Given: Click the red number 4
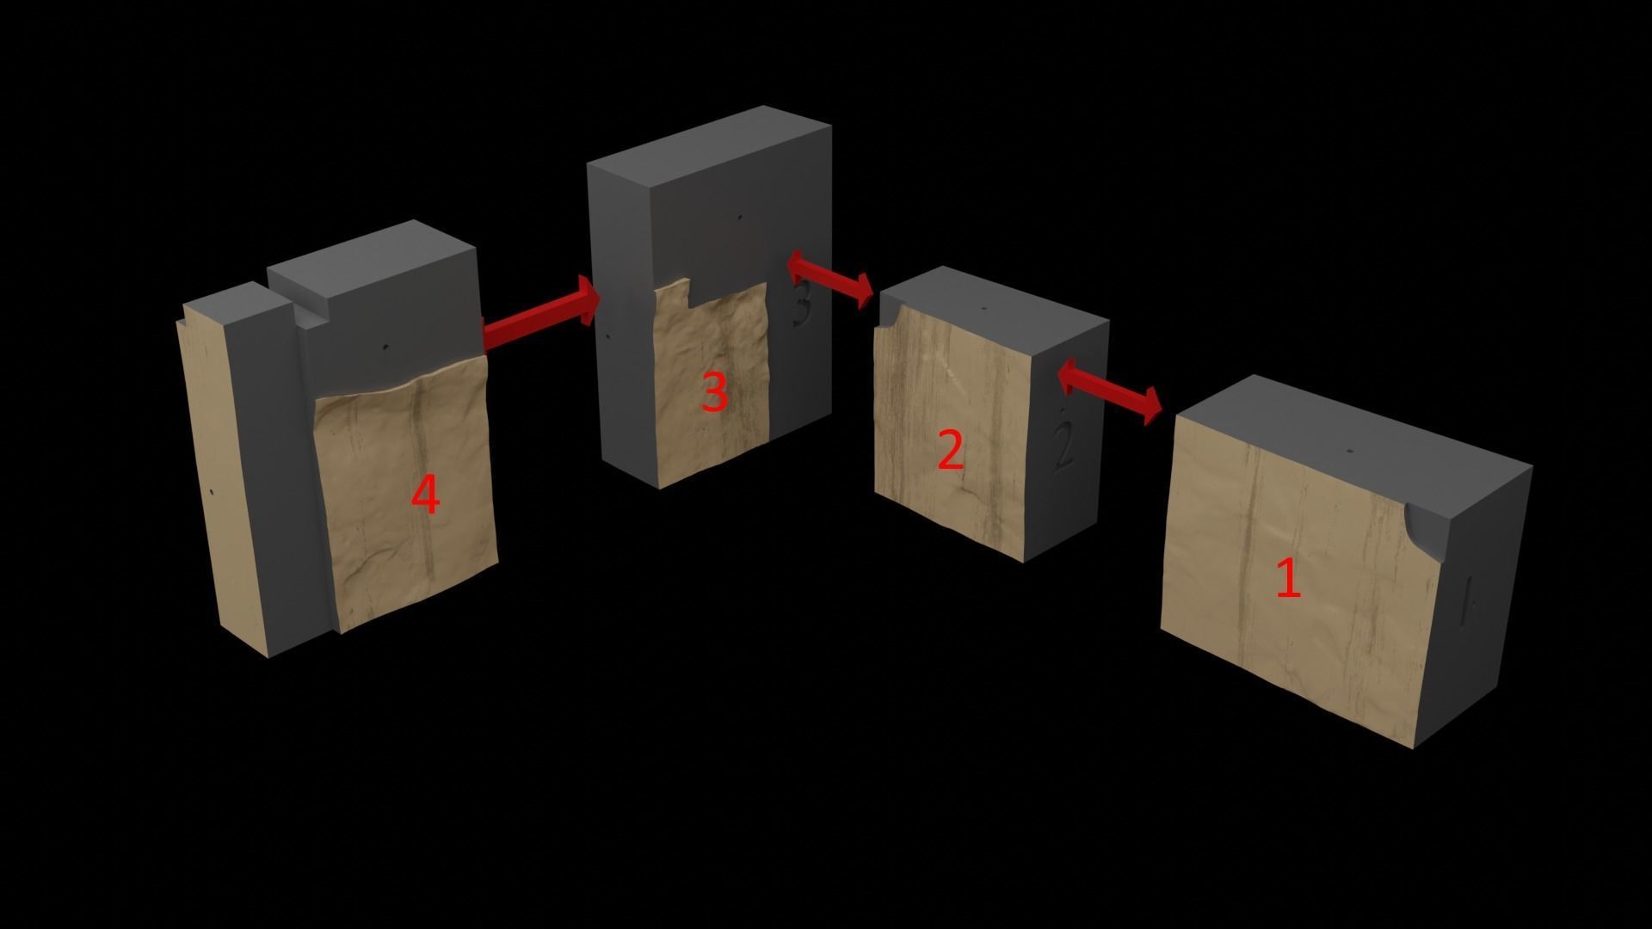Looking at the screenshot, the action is (426, 495).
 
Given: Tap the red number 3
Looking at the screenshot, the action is (714, 392).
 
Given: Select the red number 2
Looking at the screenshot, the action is (949, 450).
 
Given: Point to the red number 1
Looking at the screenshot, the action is (1288, 577).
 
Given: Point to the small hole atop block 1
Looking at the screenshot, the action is (1350, 451).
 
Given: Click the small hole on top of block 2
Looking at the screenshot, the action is (984, 308).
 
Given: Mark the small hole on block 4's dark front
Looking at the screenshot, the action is (385, 348).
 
